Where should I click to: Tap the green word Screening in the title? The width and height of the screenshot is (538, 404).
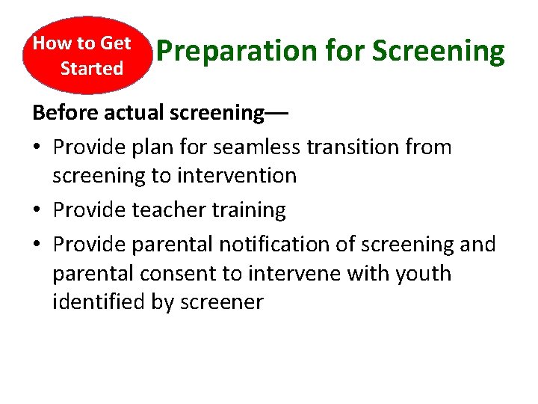pos(439,52)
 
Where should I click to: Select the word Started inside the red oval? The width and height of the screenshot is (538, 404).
pos(91,69)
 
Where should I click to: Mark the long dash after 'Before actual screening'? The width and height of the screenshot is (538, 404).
pos(276,114)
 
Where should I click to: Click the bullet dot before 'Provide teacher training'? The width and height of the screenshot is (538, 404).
pos(38,211)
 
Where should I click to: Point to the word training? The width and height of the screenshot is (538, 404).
pos(249,210)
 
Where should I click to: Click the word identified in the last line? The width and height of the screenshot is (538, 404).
pos(96,302)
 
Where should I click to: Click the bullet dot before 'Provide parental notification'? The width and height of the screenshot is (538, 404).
pos(38,245)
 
